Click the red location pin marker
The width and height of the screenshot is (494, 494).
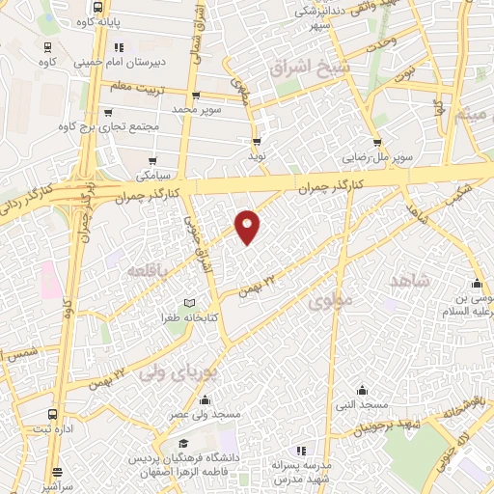pyautogui.click(x=248, y=225)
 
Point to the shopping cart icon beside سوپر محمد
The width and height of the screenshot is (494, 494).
pyautogui.click(x=196, y=96)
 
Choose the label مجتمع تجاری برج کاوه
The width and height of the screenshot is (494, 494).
pyautogui.click(x=106, y=126)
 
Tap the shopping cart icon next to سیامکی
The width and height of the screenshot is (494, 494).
pyautogui.click(x=155, y=160)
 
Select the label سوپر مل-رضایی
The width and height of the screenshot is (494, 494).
pyautogui.click(x=381, y=155)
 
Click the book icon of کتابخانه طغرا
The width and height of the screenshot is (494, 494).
pyautogui.click(x=189, y=304)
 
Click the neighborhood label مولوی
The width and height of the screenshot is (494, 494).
pyautogui.click(x=334, y=302)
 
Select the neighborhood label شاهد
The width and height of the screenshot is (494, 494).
pyautogui.click(x=408, y=280)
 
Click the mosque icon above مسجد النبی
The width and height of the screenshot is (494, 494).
pyautogui.click(x=361, y=390)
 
